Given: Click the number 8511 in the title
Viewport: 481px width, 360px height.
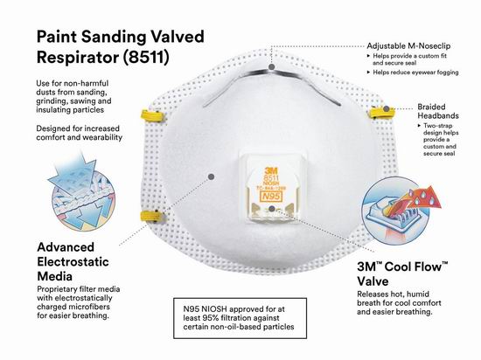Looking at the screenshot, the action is pyautogui.click(x=146, y=58).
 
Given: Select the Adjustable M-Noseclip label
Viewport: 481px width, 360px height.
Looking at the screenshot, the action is pyautogui.click(x=408, y=46).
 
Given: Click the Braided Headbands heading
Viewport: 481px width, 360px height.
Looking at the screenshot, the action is pyautogui.click(x=438, y=111).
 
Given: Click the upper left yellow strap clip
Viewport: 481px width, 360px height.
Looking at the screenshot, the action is pyautogui.click(x=151, y=116).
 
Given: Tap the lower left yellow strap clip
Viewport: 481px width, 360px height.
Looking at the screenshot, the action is pyautogui.click(x=151, y=216).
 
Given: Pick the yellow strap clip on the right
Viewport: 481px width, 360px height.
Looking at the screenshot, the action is pyautogui.click(x=380, y=113).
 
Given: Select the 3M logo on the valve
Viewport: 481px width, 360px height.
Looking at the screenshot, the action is pyautogui.click(x=271, y=170).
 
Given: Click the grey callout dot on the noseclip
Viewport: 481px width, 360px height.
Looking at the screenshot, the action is pyautogui.click(x=271, y=66).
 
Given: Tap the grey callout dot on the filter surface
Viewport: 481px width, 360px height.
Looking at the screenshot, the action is pyautogui.click(x=211, y=177).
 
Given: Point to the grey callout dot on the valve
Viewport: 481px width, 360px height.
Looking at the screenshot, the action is pyautogui.click(x=271, y=209).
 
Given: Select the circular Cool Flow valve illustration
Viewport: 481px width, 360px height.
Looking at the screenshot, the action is pyautogui.click(x=395, y=211).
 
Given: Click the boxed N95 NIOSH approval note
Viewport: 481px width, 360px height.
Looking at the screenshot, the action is pyautogui.click(x=240, y=318).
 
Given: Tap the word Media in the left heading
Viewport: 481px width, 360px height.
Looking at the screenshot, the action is pyautogui.click(x=54, y=276).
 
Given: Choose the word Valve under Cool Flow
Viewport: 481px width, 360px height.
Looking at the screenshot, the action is pyautogui.click(x=373, y=281).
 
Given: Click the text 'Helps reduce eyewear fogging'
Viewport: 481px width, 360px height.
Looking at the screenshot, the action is pyautogui.click(x=415, y=73).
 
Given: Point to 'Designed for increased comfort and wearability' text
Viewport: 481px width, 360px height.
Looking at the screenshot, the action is pyautogui.click(x=79, y=133).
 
